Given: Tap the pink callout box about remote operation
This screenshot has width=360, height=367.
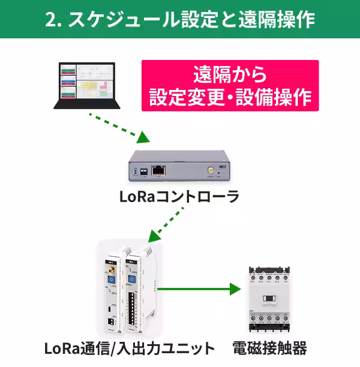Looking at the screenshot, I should [x=230, y=86].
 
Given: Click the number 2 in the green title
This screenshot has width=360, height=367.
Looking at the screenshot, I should [x=50, y=19].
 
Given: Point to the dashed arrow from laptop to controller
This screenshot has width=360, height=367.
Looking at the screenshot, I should [x=118, y=127].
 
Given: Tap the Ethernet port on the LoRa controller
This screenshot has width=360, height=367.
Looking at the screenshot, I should [x=158, y=169].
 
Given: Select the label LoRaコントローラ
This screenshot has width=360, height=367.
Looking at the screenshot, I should [x=179, y=196].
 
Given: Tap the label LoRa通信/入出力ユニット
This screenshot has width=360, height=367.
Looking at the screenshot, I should [x=129, y=347].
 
